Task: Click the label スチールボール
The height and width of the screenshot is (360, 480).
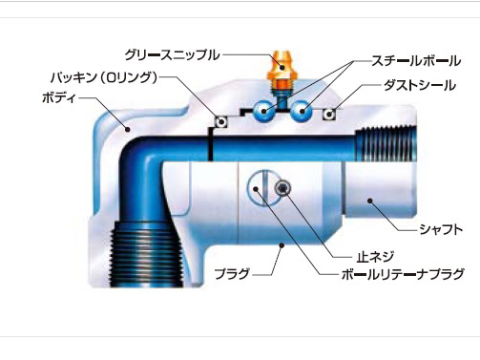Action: click(415, 61)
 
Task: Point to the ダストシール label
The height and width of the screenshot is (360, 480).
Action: click(420, 86)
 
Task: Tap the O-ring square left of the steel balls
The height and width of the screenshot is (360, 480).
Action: click(219, 121)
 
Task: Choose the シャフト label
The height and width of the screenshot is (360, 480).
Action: click(442, 230)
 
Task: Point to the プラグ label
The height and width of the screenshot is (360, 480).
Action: click(231, 274)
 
